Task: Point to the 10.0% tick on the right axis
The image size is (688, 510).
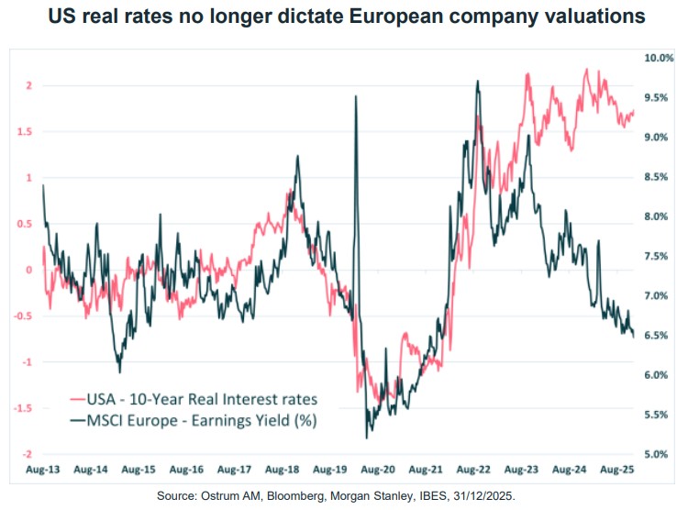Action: click(x=659, y=58)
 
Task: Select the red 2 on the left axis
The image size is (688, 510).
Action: click(x=29, y=85)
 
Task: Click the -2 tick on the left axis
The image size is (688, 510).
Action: click(x=28, y=454)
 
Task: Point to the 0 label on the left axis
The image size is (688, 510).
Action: click(x=29, y=270)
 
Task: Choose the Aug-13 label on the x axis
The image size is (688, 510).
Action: click(x=43, y=470)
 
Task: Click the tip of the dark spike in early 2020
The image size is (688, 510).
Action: click(x=355, y=96)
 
